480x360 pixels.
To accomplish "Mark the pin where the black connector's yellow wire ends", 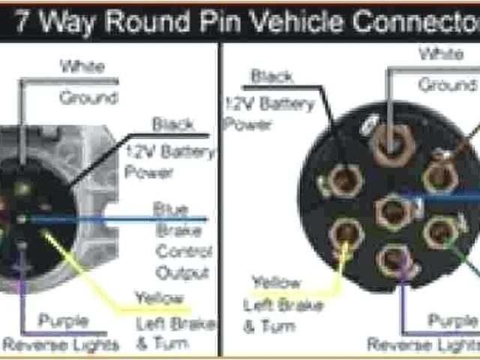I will [345, 235].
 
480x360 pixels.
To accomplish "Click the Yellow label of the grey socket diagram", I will [158, 298].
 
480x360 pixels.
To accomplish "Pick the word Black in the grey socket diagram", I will [172, 124].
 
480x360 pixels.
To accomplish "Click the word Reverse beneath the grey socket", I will [31, 344].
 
